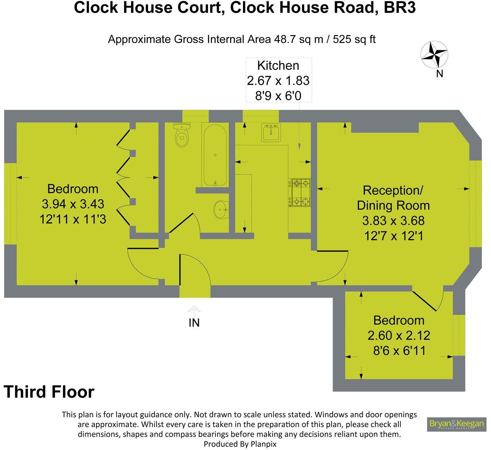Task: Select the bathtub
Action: pos(215,154)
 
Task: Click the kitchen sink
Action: pos(271,132)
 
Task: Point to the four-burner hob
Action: pos(299,193)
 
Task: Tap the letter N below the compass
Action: pos(439,74)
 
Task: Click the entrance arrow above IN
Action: pos(194,310)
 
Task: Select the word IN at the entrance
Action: pos(194,323)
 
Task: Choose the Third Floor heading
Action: pos(49,392)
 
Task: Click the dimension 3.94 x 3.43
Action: pos(73,204)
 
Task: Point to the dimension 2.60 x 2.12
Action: pos(399,335)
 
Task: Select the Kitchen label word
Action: pos(278,65)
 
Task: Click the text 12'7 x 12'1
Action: pos(393,236)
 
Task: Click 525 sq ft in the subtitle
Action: pos(354,40)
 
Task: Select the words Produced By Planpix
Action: pos(240,444)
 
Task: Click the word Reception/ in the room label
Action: pos(393,190)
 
